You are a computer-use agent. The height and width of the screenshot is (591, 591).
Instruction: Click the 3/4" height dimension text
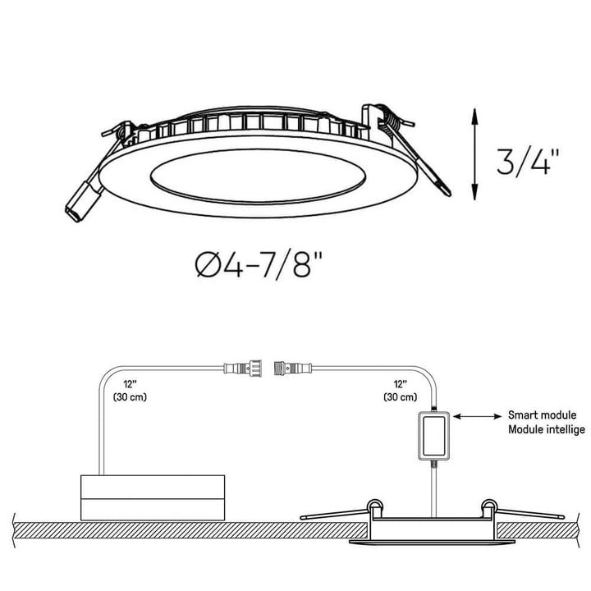pyautogui.click(x=528, y=162)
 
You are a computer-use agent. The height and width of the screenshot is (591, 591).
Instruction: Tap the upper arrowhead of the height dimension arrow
pyautogui.click(x=474, y=116)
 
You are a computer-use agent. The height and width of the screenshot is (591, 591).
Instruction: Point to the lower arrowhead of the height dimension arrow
pyautogui.click(x=474, y=191)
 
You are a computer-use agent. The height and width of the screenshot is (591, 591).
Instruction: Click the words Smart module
pyautogui.click(x=542, y=415)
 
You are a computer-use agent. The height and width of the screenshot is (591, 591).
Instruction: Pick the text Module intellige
pyautogui.click(x=547, y=429)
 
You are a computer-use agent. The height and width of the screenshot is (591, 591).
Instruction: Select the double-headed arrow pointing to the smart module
pyautogui.click(x=477, y=416)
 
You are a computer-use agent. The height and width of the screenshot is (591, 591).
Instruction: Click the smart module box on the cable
pyautogui.click(x=434, y=436)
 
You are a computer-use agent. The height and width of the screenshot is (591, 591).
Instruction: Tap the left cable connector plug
pyautogui.click(x=243, y=368)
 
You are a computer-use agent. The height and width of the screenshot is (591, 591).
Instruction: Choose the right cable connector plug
pyautogui.click(x=293, y=368)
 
